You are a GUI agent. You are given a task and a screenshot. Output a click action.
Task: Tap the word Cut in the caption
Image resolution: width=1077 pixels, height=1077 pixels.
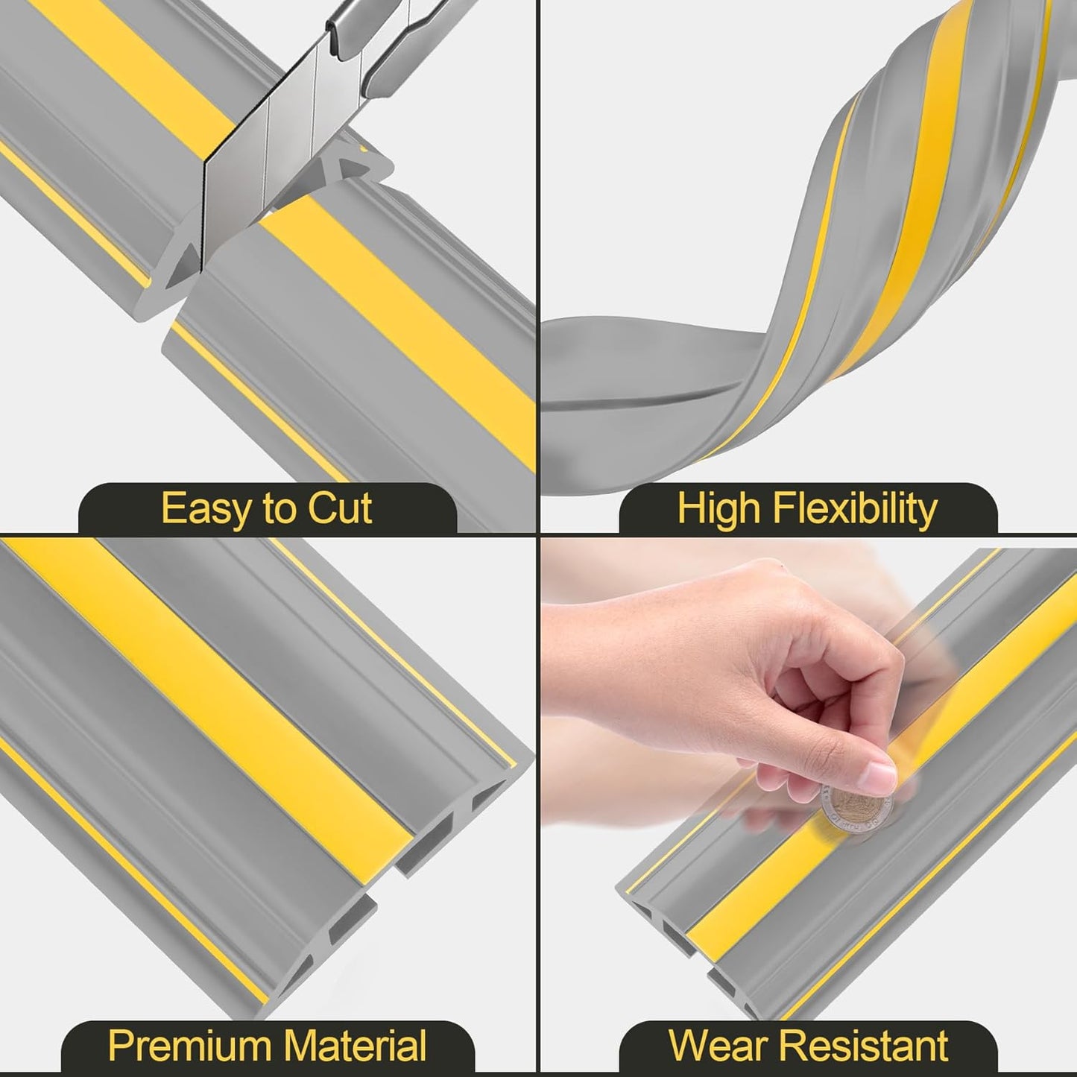[340, 510]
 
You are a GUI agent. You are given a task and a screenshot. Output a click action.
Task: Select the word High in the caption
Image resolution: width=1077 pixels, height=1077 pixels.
[719, 510]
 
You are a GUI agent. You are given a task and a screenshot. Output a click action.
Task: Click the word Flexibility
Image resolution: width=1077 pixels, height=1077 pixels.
[855, 510]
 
